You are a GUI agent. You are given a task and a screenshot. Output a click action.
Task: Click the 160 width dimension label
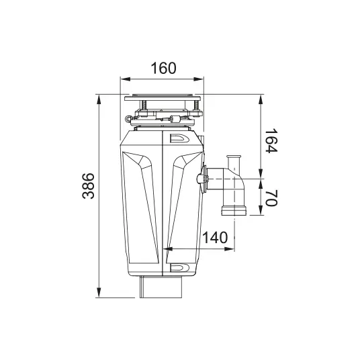(x=163, y=68)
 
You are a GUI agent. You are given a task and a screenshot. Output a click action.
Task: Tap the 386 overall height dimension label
(x=89, y=186)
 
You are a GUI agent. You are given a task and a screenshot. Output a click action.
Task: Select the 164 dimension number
(x=271, y=141)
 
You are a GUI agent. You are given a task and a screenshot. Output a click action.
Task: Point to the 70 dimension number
(x=271, y=197)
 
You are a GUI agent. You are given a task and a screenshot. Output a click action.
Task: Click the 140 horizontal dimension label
(x=216, y=237)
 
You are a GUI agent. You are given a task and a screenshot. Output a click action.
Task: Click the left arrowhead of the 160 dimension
(x=126, y=79)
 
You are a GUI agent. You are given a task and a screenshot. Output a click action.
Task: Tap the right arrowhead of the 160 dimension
(x=199, y=79)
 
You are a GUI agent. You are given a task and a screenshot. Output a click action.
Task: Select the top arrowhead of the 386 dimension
(x=99, y=99)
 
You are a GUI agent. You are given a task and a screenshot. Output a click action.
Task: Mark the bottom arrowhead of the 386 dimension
(x=99, y=293)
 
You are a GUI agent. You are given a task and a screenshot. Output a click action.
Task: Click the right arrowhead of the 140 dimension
(x=229, y=249)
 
